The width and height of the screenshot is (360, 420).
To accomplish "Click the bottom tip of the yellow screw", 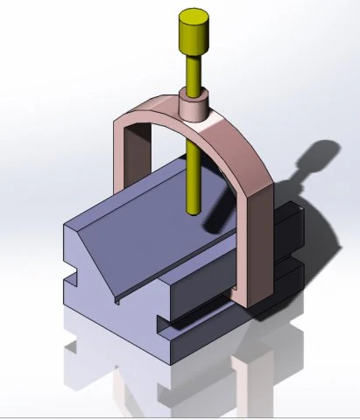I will pos(194,213).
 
